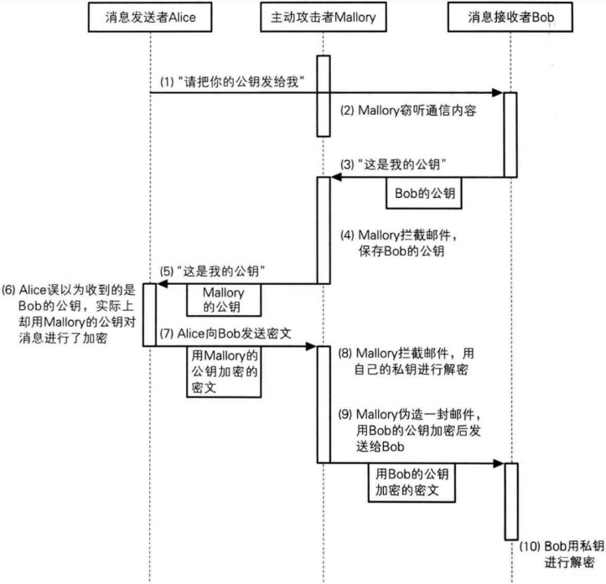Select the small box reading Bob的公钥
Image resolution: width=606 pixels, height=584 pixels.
coord(424,193)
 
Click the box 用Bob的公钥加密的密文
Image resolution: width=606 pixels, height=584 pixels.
coord(411,483)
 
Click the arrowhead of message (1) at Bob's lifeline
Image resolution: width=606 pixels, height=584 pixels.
coord(500,92)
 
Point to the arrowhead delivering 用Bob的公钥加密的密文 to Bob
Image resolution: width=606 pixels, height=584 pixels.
coord(500,462)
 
